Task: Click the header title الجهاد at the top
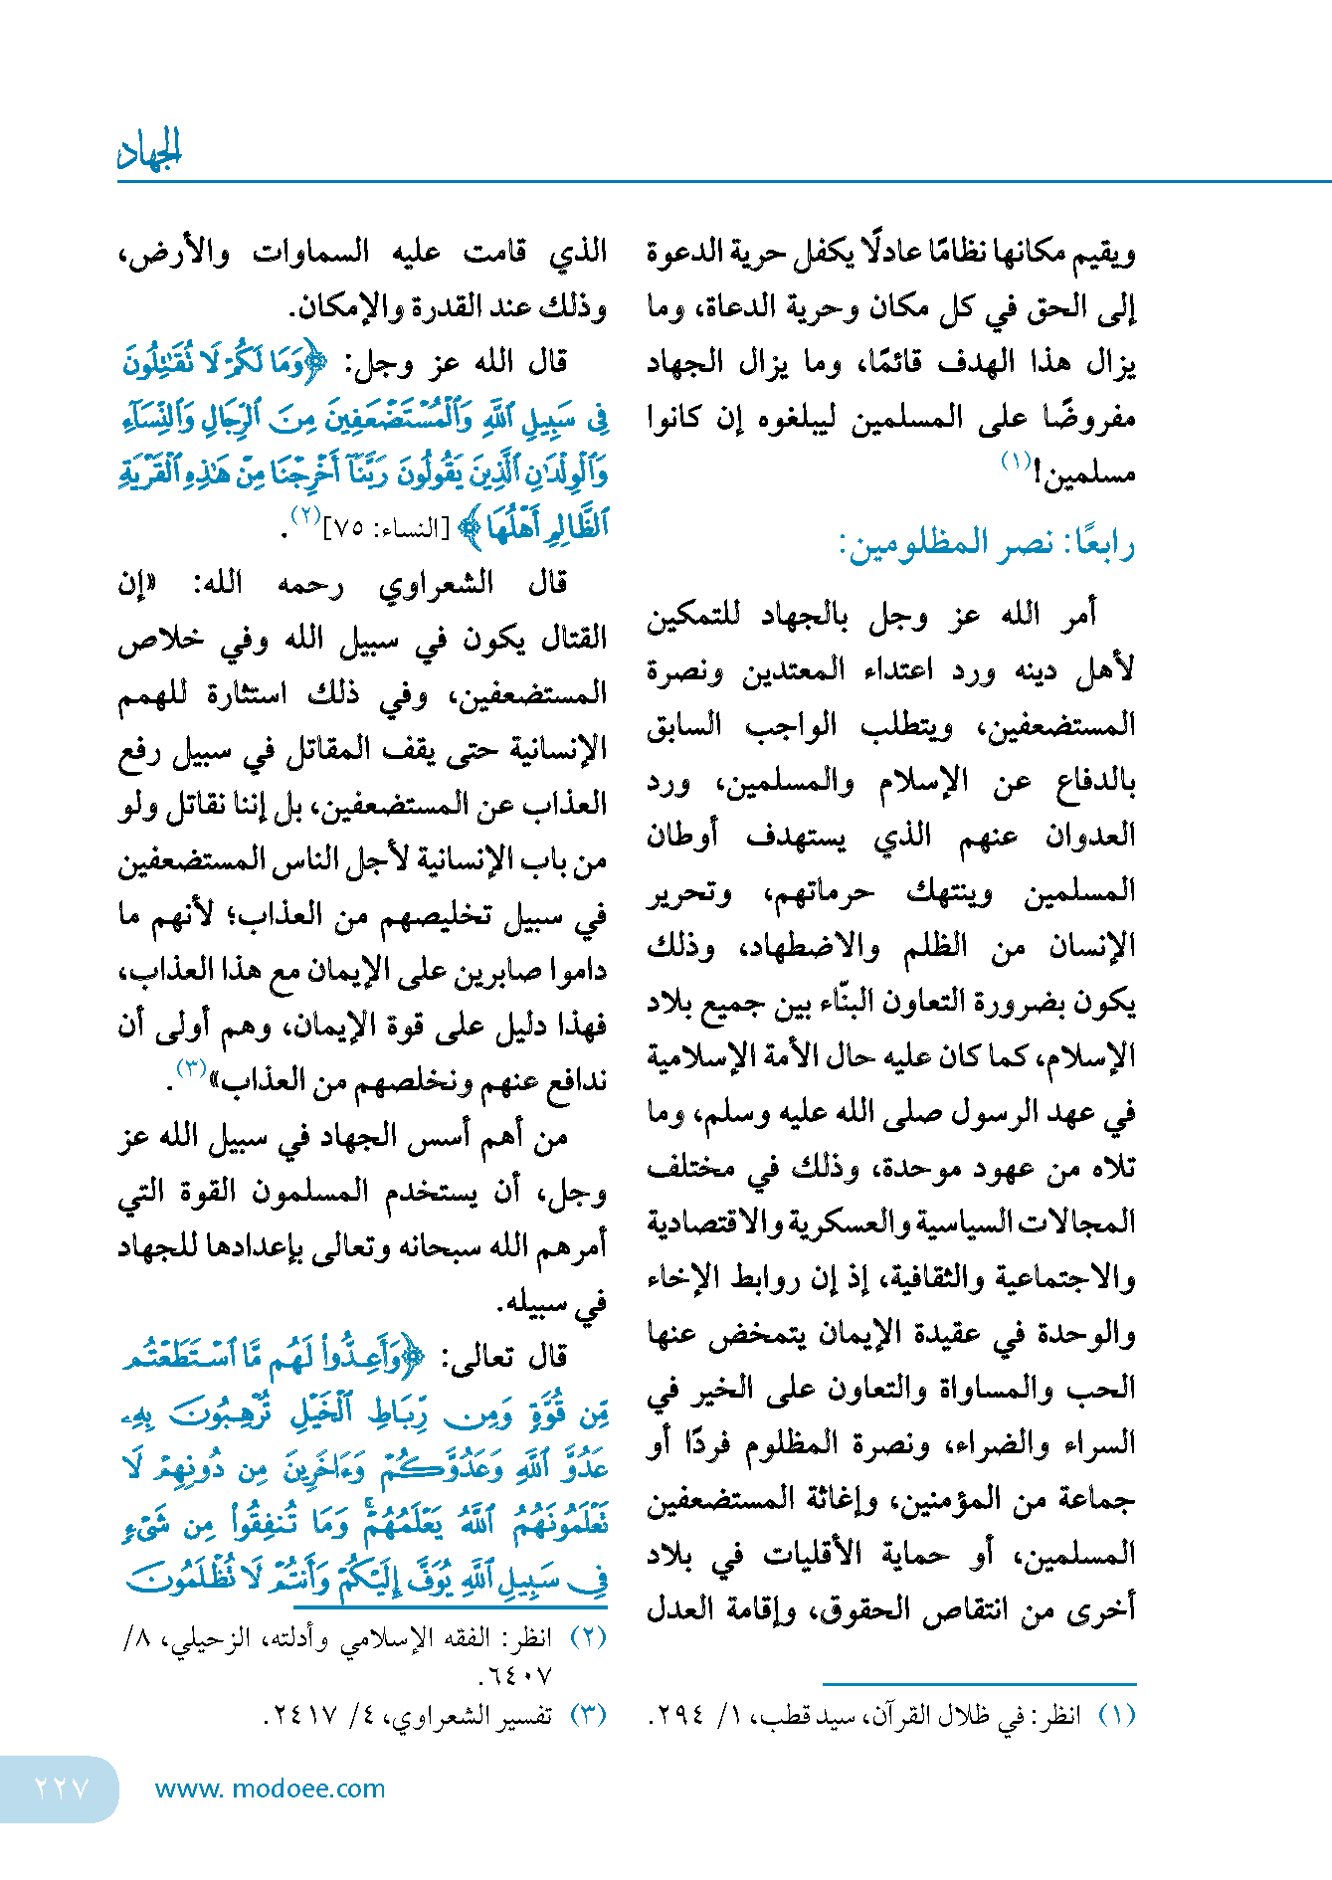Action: (x=150, y=150)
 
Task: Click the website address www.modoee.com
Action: (x=270, y=1787)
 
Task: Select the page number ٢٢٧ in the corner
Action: (x=62, y=1787)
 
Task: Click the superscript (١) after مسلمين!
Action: (x=1015, y=462)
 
